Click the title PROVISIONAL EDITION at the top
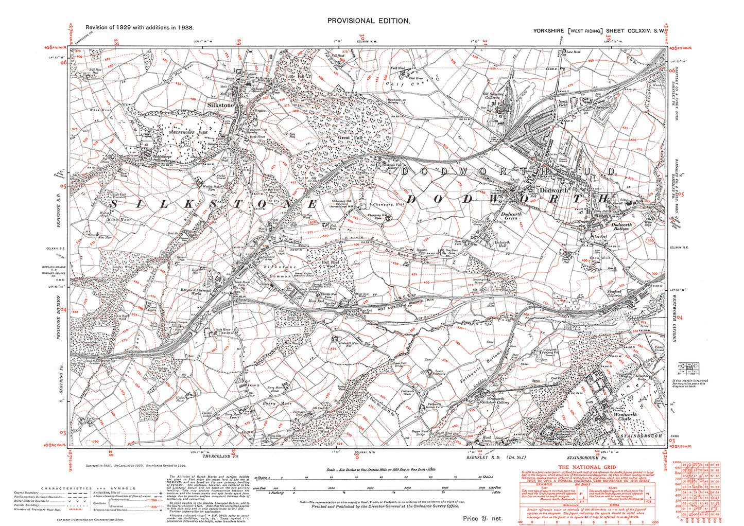click(x=369, y=21)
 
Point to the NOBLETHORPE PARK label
click(x=181, y=132)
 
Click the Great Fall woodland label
click(x=337, y=137)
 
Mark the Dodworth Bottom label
click(x=621, y=226)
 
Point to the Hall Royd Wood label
click(x=332, y=264)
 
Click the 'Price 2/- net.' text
click(x=482, y=518)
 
